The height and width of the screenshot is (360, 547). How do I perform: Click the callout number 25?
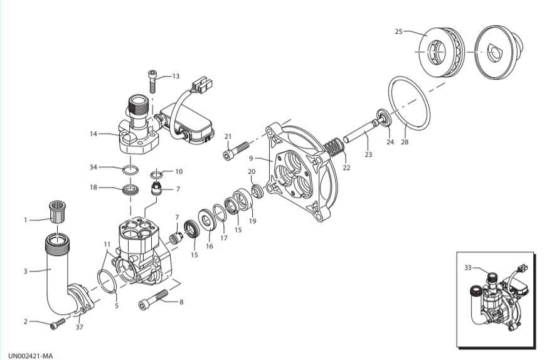[398, 32]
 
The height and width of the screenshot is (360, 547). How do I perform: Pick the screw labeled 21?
[236, 151]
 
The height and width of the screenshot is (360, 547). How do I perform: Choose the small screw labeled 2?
[58, 324]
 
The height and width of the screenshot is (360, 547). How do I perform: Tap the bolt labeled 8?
[153, 300]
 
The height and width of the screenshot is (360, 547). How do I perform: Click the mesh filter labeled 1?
[56, 211]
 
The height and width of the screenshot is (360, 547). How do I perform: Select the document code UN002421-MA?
[30, 356]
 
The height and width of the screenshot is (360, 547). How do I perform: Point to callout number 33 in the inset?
[467, 268]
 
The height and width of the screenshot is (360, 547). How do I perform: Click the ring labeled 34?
[130, 170]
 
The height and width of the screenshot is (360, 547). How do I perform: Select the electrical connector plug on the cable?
[201, 86]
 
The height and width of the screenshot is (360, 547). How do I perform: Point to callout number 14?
[93, 134]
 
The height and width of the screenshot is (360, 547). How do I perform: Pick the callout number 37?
[80, 327]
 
